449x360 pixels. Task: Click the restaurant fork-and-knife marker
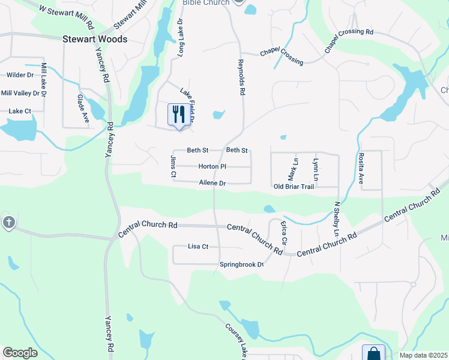pos(178,114)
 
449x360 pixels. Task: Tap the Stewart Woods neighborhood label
pos(95,39)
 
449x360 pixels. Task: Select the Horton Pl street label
pos(212,166)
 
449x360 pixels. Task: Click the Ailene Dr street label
pos(212,183)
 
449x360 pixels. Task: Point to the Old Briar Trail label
pos(294,187)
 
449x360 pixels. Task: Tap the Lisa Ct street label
pos(197,247)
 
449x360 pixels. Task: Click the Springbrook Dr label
pos(241,265)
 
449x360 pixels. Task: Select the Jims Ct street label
pos(173,166)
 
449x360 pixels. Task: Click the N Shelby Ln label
pos(337,218)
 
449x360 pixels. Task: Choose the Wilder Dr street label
pos(20,75)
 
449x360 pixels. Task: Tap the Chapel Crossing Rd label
pos(349,40)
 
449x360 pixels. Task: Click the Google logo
pos(20,353)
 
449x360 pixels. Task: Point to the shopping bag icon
pos(373,353)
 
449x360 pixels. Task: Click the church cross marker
pos(8,222)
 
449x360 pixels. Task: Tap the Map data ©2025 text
pos(423,355)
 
